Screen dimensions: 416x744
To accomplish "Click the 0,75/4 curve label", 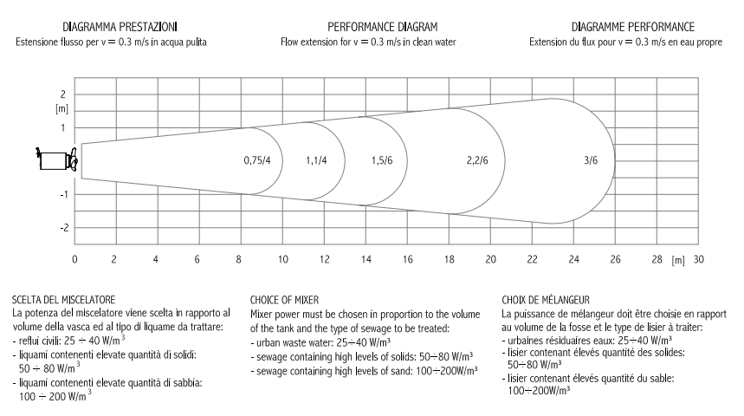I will (x=258, y=161).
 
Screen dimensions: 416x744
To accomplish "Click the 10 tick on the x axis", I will (x=282, y=259).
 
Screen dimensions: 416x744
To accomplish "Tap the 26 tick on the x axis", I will (x=615, y=259).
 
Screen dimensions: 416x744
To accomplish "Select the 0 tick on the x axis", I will (x=75, y=259).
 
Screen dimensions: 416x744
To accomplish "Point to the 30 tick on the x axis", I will (x=698, y=259).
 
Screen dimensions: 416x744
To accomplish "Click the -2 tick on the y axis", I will (x=61, y=228).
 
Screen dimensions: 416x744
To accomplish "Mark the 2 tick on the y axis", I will (x=63, y=94).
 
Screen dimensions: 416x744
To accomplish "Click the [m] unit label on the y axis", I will (x=61, y=109).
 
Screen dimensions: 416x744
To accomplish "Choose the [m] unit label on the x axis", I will (x=678, y=259).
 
